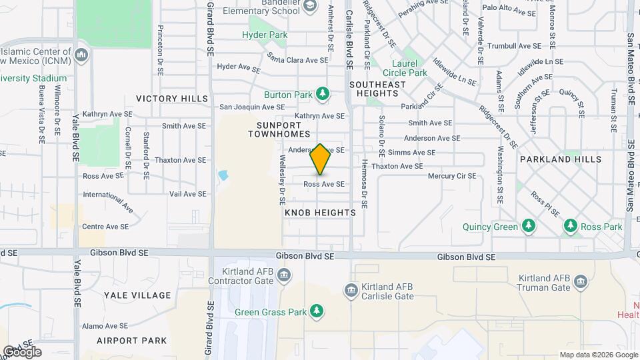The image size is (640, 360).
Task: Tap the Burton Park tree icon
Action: [x=323, y=95]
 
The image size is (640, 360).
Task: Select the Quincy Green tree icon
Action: [x=529, y=227]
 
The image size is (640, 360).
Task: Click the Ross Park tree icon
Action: [x=570, y=227]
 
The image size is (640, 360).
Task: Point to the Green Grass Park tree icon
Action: [x=317, y=311]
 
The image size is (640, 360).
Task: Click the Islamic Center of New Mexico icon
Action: [x=82, y=54]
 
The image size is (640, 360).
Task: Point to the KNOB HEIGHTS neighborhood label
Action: [x=320, y=213]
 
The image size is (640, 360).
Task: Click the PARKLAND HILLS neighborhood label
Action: [x=561, y=159]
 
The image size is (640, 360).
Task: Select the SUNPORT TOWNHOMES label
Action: [x=279, y=129]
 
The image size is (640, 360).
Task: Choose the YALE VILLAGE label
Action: [x=137, y=295]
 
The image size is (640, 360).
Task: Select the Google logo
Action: [x=21, y=352]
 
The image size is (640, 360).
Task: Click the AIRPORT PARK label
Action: [x=131, y=341]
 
